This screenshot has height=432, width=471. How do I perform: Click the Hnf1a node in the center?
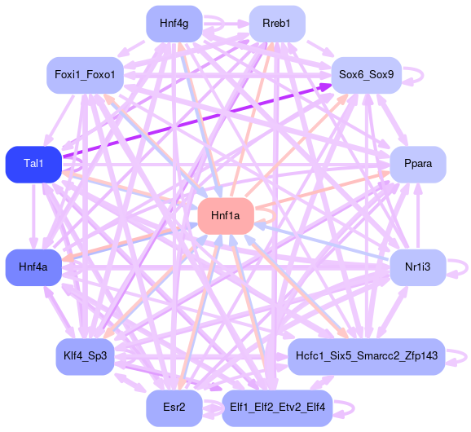(226, 216)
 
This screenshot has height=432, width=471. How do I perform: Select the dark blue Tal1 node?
(33, 165)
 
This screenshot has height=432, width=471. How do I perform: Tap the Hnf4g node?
(174, 24)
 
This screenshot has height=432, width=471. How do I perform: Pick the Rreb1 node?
(277, 24)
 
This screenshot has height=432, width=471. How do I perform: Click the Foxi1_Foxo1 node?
(85, 75)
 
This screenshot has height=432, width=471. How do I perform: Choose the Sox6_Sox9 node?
(367, 75)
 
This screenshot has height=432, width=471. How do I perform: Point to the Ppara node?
(418, 165)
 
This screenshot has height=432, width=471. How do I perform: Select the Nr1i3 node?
(418, 267)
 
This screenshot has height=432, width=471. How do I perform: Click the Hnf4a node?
(33, 267)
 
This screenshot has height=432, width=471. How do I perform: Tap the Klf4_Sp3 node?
(85, 356)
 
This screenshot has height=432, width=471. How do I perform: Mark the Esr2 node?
(174, 408)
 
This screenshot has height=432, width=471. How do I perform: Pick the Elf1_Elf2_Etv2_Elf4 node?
(277, 408)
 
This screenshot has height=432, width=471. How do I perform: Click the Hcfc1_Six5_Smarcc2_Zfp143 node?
(367, 356)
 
